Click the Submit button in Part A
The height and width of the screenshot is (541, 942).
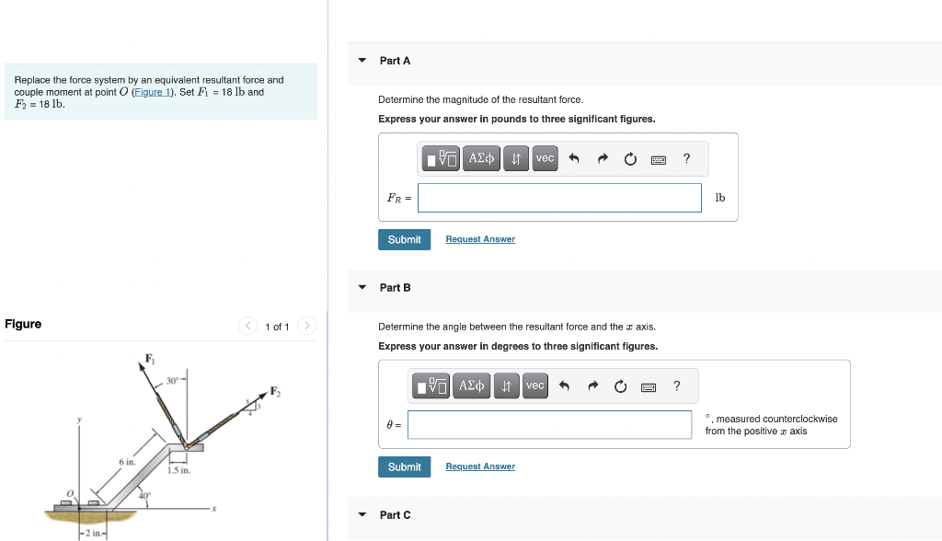coord(404,239)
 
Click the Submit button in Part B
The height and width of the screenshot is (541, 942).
coord(404,466)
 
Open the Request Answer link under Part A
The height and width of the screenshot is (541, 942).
coord(480,239)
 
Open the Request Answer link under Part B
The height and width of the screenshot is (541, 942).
coord(480,466)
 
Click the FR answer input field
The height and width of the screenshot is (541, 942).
coord(558,197)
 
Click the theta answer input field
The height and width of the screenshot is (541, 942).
coord(549,424)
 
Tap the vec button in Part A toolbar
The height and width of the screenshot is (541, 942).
coord(545,159)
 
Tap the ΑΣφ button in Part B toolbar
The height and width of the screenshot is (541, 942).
coord(472,386)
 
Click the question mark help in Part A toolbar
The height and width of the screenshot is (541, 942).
coord(686,159)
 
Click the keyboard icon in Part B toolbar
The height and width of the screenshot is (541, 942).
coord(649,386)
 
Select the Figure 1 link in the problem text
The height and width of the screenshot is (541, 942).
coord(150,92)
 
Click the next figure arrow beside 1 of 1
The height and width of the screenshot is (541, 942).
coord(307,327)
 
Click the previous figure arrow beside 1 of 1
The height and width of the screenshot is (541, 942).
coord(247,327)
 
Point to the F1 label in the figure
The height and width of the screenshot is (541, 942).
coord(150,358)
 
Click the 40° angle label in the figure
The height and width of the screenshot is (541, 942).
coord(144,495)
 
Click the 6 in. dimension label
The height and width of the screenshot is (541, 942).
coord(127,461)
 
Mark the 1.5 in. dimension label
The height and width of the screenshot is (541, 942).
coord(178,470)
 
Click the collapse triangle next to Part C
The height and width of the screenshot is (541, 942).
coord(362,515)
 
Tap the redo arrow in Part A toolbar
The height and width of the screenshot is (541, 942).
coord(603,159)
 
